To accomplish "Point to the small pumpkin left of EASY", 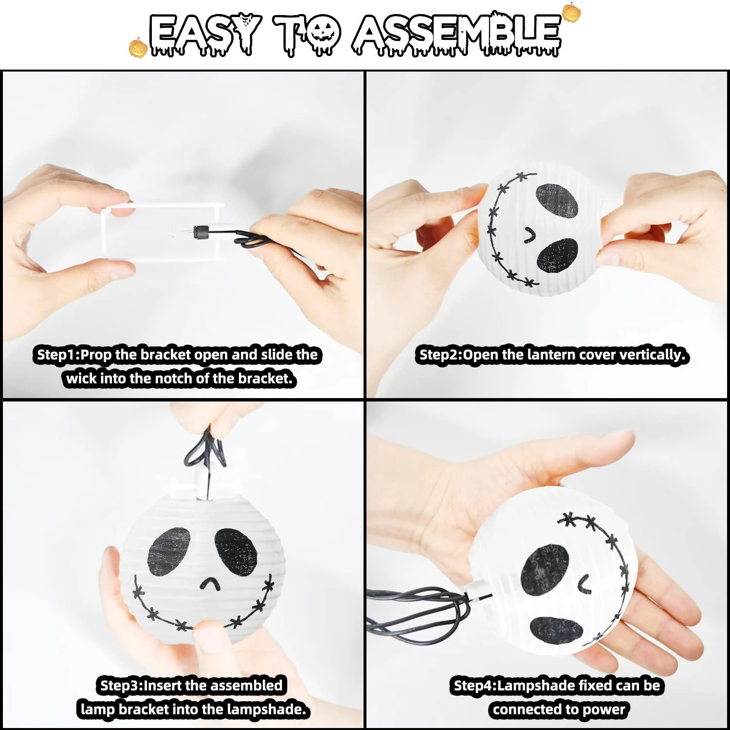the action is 138,48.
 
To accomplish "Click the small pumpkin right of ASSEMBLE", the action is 571,13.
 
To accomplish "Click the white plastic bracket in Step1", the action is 163,233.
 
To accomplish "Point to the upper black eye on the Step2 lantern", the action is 557,200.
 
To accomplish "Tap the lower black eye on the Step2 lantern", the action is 558,255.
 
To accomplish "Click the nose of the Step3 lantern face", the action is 210,584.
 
